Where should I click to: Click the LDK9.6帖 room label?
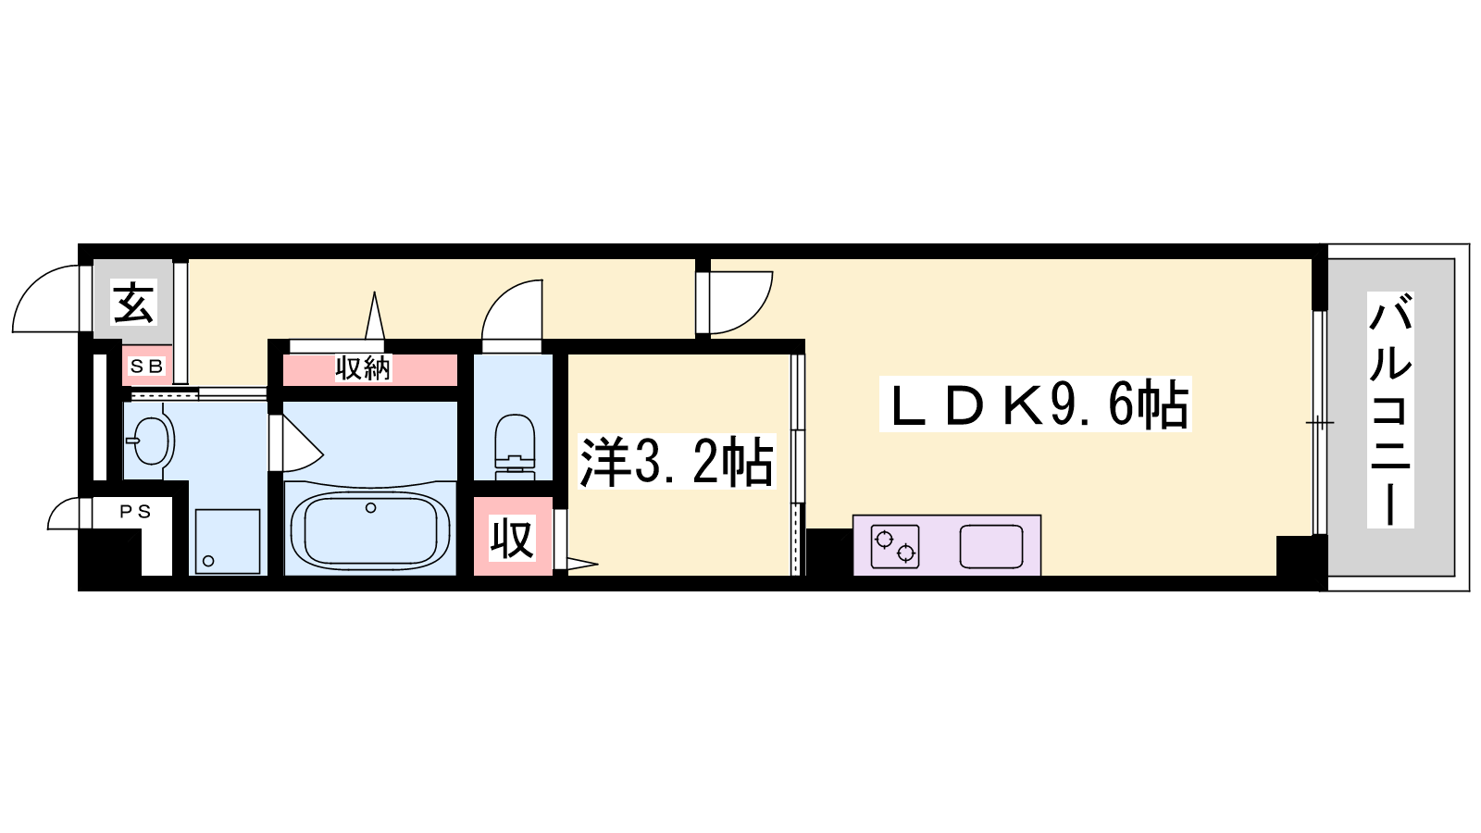click(1036, 404)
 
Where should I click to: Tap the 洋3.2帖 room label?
click(676, 462)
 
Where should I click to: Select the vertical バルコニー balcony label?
click(1390, 410)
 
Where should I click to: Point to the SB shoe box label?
click(147, 367)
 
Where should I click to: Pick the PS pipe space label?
click(135, 511)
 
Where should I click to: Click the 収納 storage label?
click(363, 368)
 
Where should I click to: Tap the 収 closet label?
click(512, 539)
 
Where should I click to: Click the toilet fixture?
click(515, 445)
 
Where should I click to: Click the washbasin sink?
click(150, 441)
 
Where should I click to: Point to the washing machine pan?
click(228, 541)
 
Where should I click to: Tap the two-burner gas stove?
click(894, 546)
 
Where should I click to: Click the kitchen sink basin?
click(991, 546)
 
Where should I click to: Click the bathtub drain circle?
click(371, 508)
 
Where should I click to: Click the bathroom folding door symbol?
click(295, 443)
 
